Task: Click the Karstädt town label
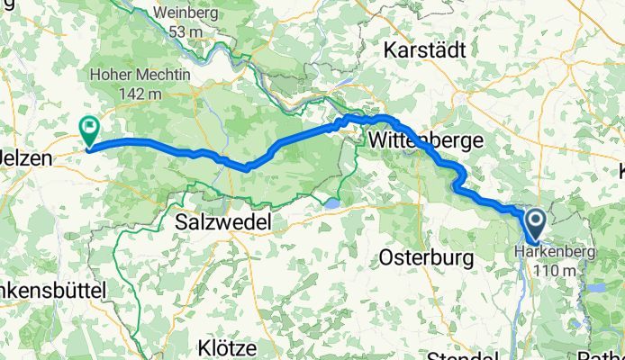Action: pyautogui.click(x=428, y=48)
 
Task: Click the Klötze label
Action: pyautogui.click(x=229, y=346)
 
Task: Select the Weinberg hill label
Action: pyautogui.click(x=186, y=13)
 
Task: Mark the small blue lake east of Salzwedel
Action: pyautogui.click(x=331, y=204)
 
